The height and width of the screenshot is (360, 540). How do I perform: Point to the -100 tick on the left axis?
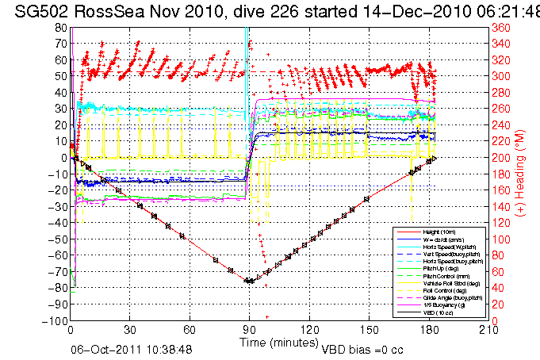[55, 320]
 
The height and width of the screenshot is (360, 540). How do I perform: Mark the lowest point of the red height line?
[249, 281]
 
